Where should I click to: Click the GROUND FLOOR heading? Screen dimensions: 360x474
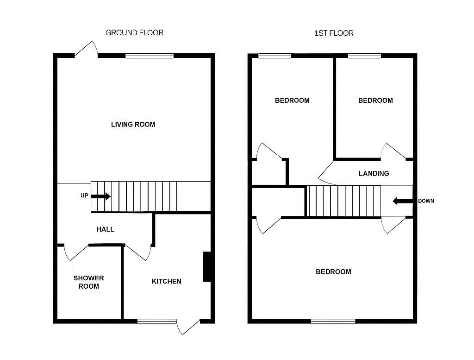coord(134,32)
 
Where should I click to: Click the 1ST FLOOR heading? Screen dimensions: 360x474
coord(334,33)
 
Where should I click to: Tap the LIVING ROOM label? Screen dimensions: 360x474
coord(133,124)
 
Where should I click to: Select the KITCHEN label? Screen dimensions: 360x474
coord(167,281)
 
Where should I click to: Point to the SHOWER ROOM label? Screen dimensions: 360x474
coord(88,282)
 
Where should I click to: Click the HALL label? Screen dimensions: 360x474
coord(105,229)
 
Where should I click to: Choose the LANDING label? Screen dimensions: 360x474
coord(374,173)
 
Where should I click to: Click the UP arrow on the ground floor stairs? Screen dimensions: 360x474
coord(101,196)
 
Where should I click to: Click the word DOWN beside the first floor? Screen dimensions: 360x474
coord(426,201)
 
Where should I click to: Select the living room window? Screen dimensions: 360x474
coord(149,56)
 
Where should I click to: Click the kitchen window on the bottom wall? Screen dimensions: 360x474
coord(157,321)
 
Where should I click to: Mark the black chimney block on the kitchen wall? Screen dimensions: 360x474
coord(207,266)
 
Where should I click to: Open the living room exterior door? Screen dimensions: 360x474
coord(87,50)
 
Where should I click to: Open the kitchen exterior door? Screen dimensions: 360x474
coord(189,327)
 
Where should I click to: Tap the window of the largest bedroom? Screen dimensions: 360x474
coord(333,321)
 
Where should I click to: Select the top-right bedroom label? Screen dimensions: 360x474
coord(375,100)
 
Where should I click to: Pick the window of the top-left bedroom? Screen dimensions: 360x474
coord(274,56)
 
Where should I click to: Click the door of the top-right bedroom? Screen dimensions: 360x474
coord(393,152)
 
